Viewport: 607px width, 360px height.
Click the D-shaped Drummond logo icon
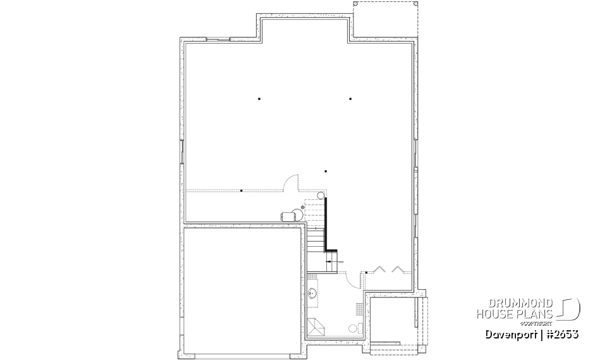tap(570, 308)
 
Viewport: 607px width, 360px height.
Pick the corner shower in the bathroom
tap(315, 327)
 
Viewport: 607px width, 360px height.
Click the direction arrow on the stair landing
tap(333, 261)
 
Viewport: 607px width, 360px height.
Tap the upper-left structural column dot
tap(259, 99)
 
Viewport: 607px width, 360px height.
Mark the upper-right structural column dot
tap(350, 99)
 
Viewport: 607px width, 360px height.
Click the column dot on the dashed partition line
tap(242, 190)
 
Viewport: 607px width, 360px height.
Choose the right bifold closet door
tap(399, 270)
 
